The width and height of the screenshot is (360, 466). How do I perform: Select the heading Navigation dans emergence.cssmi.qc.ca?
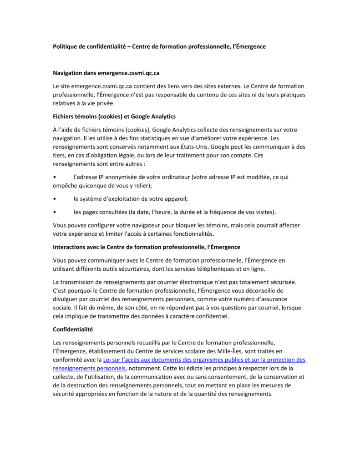click(106, 73)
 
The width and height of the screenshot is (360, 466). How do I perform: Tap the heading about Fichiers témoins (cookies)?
click(114, 116)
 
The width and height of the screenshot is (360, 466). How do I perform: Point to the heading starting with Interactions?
click(147, 247)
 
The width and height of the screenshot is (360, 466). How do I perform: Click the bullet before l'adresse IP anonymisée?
click(55, 177)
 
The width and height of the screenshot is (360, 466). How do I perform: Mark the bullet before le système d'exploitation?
click(55, 199)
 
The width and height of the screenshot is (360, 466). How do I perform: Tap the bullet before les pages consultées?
click(55, 212)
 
